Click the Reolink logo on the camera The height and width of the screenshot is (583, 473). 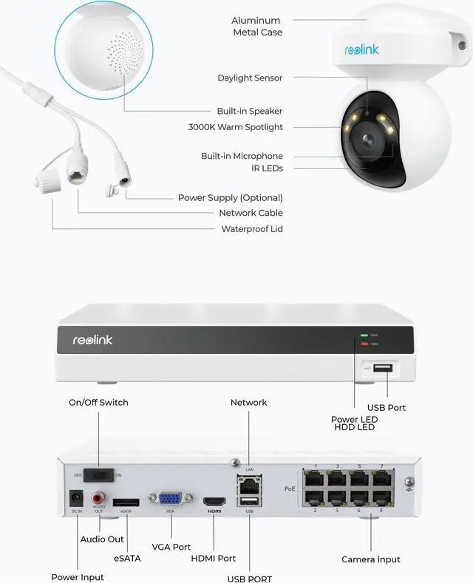tap(362, 50)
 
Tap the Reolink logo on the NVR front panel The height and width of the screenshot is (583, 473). tap(92, 340)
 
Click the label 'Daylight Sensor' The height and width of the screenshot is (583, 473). tap(250, 78)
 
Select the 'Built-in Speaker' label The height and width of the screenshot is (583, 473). tap(250, 111)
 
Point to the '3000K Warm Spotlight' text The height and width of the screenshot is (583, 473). tap(235, 127)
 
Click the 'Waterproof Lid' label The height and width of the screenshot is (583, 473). tap(252, 229)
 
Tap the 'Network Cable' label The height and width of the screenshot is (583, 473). tap(251, 213)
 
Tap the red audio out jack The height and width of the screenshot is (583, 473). tap(98, 499)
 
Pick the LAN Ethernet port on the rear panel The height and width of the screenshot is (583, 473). tap(249, 484)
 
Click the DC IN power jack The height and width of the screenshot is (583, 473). tap(75, 499)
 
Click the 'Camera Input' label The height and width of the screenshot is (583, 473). tap(371, 559)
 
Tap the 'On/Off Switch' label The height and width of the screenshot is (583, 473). tap(98, 403)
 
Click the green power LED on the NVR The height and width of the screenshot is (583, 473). tap(364, 335)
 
